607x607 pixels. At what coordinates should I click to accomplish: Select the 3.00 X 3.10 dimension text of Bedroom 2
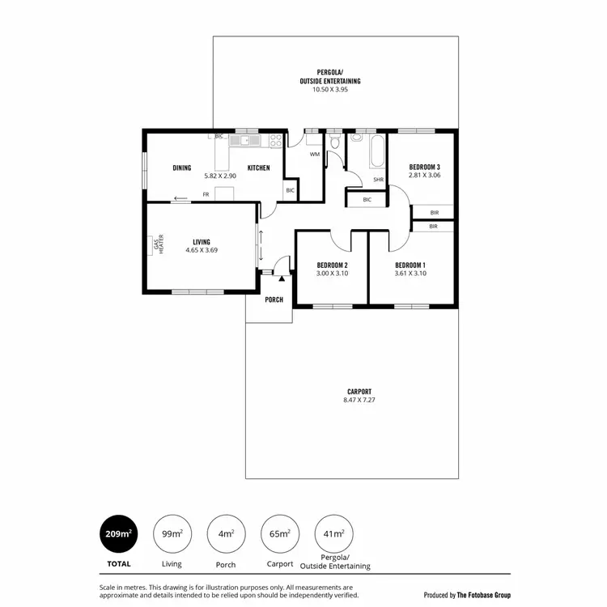[332, 274]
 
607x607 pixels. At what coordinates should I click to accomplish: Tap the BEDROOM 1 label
[410, 265]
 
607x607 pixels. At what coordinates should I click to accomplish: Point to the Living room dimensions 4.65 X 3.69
[202, 250]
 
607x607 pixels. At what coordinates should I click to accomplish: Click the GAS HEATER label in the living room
[158, 245]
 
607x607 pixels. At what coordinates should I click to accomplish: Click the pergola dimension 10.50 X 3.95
[339, 90]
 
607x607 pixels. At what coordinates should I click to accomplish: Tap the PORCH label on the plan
[274, 299]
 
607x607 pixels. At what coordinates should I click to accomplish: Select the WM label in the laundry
[314, 154]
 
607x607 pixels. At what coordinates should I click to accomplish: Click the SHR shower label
[378, 180]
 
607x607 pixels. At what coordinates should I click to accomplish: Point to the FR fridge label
[206, 194]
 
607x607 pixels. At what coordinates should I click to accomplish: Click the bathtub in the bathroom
[377, 152]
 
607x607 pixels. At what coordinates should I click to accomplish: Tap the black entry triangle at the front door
[281, 278]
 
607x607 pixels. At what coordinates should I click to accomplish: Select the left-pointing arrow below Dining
[180, 197]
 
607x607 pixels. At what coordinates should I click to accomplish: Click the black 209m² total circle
[119, 534]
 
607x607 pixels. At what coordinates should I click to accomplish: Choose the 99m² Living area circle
[172, 534]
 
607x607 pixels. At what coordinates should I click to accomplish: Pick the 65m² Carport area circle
[280, 534]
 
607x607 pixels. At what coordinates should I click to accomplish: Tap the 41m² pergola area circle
[333, 534]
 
